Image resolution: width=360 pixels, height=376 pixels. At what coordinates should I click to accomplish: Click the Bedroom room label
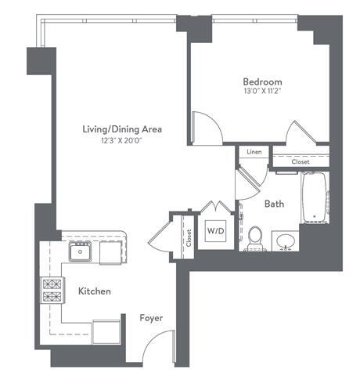tap(262, 81)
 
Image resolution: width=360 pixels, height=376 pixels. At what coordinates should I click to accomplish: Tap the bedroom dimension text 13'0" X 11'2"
tap(262, 92)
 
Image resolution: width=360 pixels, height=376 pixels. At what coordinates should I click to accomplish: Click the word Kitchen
tap(94, 291)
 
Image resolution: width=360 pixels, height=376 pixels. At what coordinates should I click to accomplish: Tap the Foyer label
tap(151, 319)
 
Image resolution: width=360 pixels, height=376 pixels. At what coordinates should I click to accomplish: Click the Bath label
tap(273, 204)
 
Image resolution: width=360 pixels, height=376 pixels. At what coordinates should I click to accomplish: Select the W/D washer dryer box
tap(214, 232)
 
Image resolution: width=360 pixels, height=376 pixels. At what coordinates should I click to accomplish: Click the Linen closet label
tap(254, 152)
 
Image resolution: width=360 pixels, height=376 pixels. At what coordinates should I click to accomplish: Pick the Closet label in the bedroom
tap(301, 162)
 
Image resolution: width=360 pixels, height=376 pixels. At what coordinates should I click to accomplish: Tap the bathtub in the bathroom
tap(314, 197)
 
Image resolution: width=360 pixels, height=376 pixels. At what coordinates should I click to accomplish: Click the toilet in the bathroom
tap(255, 238)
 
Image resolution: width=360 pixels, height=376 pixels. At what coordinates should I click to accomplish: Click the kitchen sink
tap(80, 251)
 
